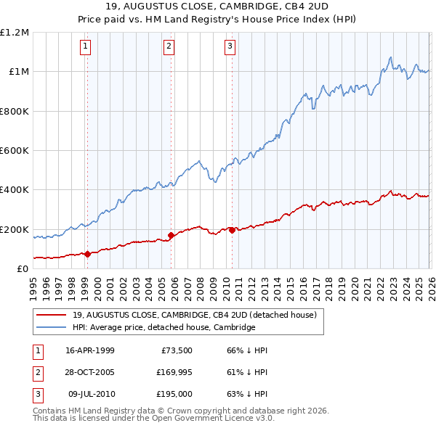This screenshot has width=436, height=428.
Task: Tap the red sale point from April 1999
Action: [87, 254]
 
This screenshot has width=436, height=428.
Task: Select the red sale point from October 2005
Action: [171, 235]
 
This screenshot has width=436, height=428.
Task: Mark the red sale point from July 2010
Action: [232, 230]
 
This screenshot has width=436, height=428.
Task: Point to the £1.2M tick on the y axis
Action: [15, 33]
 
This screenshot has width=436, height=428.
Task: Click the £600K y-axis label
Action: [15, 151]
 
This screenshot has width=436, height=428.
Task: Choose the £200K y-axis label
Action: [15, 229]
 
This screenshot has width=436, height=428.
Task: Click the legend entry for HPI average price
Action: [163, 327]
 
